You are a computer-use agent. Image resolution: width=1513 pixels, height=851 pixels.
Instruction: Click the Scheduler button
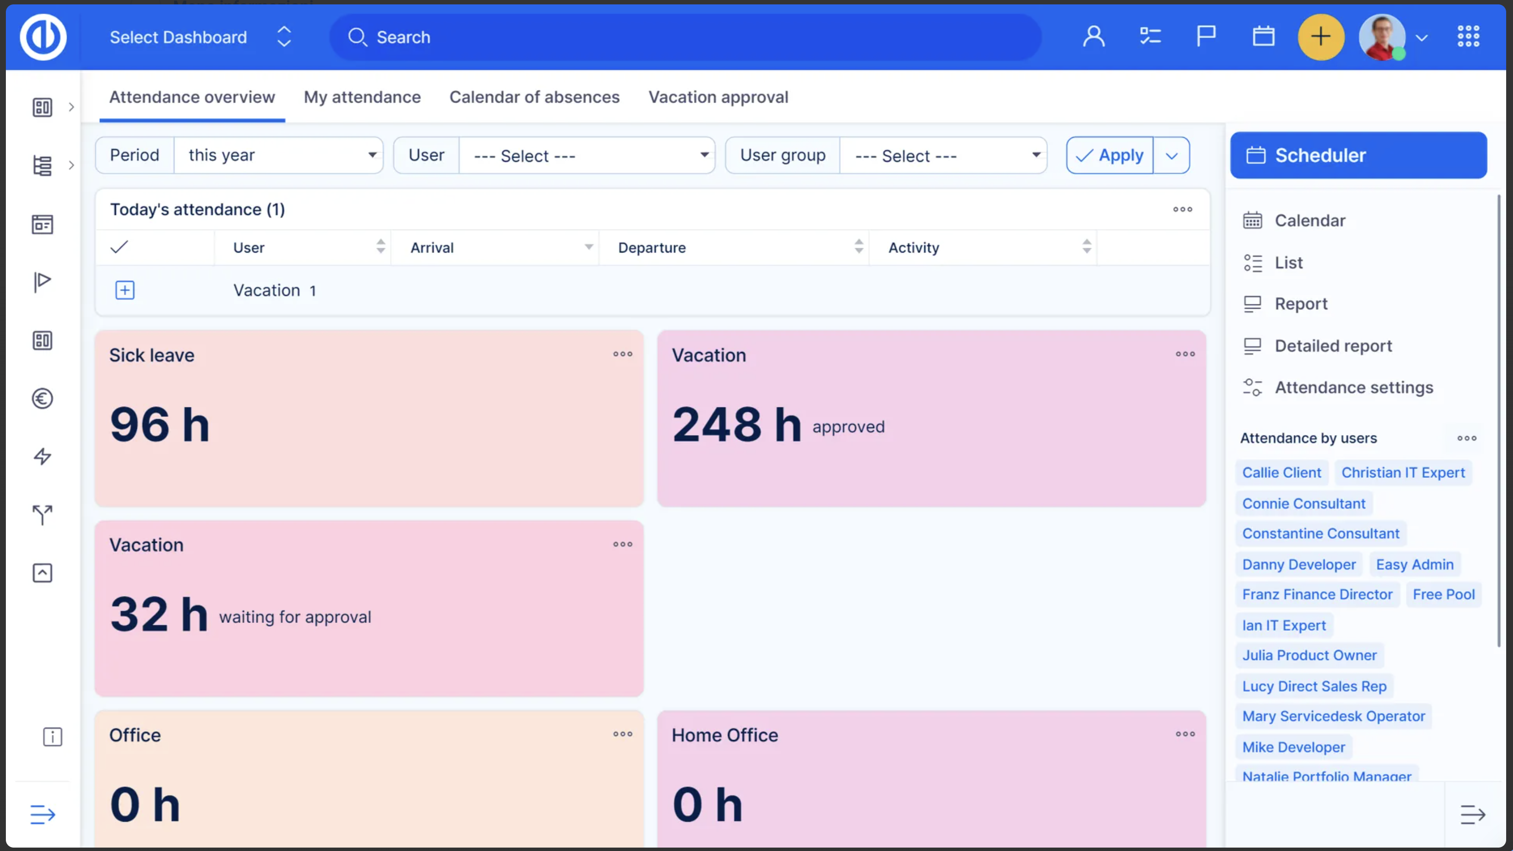tap(1358, 155)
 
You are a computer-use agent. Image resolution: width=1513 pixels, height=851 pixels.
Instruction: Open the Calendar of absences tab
tap(534, 97)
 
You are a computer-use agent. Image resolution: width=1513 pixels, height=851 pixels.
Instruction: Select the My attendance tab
tap(362, 97)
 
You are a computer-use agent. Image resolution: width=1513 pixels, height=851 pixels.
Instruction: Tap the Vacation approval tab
tap(718, 97)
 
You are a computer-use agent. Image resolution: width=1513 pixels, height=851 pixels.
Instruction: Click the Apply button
tap(1110, 155)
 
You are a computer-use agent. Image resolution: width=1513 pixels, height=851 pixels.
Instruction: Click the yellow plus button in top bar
tap(1321, 37)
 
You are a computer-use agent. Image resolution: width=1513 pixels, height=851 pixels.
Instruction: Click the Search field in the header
tap(686, 37)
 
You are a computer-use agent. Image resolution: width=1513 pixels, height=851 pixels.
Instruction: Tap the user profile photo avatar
tap(1382, 37)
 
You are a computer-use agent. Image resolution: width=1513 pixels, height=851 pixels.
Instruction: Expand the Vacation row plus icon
tap(125, 290)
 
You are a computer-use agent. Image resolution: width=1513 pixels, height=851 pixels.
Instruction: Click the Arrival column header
tap(432, 248)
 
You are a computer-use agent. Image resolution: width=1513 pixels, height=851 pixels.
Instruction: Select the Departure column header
tap(652, 248)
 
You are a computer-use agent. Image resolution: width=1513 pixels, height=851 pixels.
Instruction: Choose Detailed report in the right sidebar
tap(1333, 346)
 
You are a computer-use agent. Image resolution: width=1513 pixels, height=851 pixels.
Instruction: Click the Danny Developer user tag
tap(1299, 565)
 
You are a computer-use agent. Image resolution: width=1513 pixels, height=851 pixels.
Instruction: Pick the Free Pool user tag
tap(1444, 595)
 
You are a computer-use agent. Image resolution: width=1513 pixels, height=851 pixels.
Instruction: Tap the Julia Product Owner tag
tap(1309, 655)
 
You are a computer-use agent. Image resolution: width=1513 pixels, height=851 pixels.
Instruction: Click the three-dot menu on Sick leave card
tap(623, 354)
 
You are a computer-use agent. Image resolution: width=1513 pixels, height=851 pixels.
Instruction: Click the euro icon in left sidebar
tap(42, 399)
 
